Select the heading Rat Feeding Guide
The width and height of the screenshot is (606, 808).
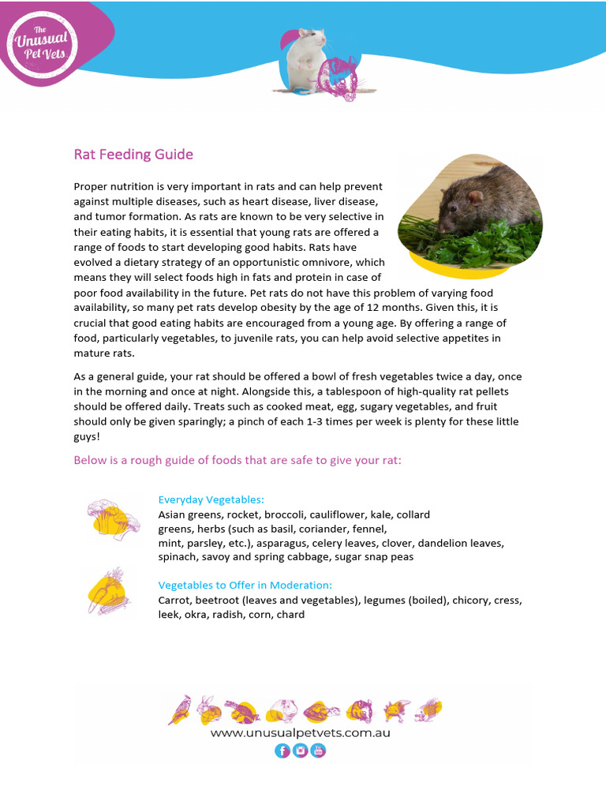tap(133, 155)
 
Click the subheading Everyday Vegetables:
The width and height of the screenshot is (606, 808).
tap(211, 499)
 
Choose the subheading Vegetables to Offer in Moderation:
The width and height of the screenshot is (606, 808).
tap(245, 585)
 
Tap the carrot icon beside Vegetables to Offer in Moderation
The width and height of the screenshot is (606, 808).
tap(109, 589)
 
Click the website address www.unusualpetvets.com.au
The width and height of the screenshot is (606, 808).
tap(300, 732)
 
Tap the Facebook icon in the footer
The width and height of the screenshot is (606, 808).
tap(282, 750)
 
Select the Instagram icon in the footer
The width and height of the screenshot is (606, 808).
tap(300, 750)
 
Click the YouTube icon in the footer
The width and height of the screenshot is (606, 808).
tap(318, 750)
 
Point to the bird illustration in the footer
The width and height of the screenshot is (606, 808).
tap(179, 709)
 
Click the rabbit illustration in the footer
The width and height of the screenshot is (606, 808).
tap(208, 710)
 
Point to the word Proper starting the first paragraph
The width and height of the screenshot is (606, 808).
tap(91, 187)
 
